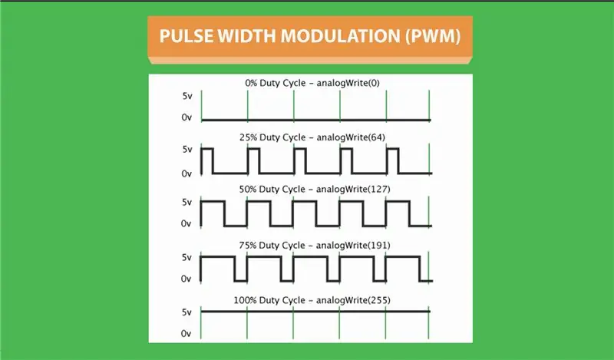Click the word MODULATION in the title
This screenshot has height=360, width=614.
click(x=340, y=36)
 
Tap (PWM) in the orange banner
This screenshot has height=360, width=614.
click(x=433, y=36)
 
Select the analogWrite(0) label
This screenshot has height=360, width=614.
click(x=348, y=83)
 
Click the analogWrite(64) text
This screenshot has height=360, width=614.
click(x=351, y=137)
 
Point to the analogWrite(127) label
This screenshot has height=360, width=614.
click(x=353, y=189)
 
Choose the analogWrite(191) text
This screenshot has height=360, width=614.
click(x=353, y=245)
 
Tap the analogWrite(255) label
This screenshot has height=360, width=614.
click(x=353, y=300)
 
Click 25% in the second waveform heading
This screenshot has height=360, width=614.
click(x=248, y=137)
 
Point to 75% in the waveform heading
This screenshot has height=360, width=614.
click(x=247, y=245)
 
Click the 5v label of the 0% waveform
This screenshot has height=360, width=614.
click(x=187, y=96)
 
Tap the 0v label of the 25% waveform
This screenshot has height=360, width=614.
click(x=187, y=173)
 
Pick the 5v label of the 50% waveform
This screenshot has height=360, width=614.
click(x=187, y=202)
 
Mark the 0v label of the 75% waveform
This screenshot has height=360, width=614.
click(x=186, y=279)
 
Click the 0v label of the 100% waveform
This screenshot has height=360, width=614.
click(x=186, y=334)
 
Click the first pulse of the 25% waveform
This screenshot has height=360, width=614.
click(x=206, y=149)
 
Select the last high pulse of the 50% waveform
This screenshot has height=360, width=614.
click(x=398, y=201)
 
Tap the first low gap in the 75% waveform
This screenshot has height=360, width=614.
click(x=241, y=281)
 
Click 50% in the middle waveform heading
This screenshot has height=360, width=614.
click(x=247, y=189)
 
